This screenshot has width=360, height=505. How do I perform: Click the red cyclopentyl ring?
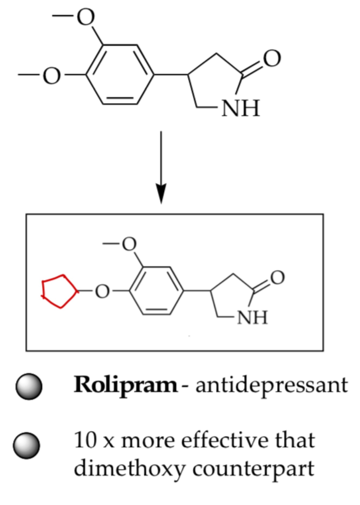pyautogui.click(x=59, y=291)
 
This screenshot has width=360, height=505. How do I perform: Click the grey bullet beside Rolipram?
pyautogui.click(x=29, y=386)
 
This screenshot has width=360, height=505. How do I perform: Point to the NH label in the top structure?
pyautogui.click(x=240, y=108)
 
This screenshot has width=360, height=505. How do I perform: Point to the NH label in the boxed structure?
pyautogui.click(x=252, y=317)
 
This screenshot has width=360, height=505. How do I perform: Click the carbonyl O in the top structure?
pyautogui.click(x=272, y=58)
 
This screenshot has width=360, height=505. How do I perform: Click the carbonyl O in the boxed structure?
pyautogui.click(x=277, y=278)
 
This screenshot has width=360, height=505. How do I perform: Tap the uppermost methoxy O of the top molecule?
pyautogui.click(x=86, y=17)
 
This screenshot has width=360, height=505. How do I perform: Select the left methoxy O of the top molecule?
pyautogui.click(x=52, y=75)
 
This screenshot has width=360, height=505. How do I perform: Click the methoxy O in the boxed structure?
pyautogui.click(x=129, y=244)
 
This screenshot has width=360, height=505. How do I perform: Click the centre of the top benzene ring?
pyautogui.click(x=120, y=74)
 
